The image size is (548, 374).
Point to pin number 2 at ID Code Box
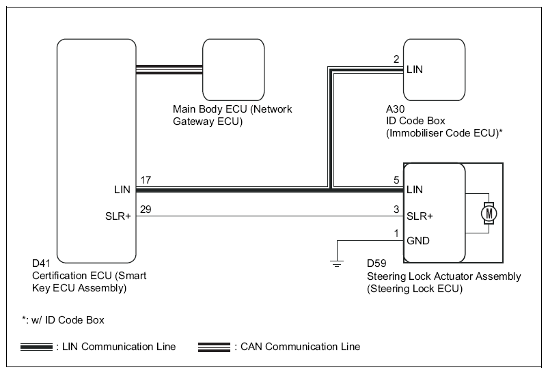396,59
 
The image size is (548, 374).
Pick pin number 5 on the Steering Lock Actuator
396,181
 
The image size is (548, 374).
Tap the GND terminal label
417,242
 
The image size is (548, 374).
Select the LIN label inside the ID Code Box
415,69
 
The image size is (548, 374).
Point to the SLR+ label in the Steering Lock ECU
420,215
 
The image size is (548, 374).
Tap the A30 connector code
395,109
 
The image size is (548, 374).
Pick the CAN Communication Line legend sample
214,347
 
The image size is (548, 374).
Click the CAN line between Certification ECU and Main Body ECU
169,68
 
